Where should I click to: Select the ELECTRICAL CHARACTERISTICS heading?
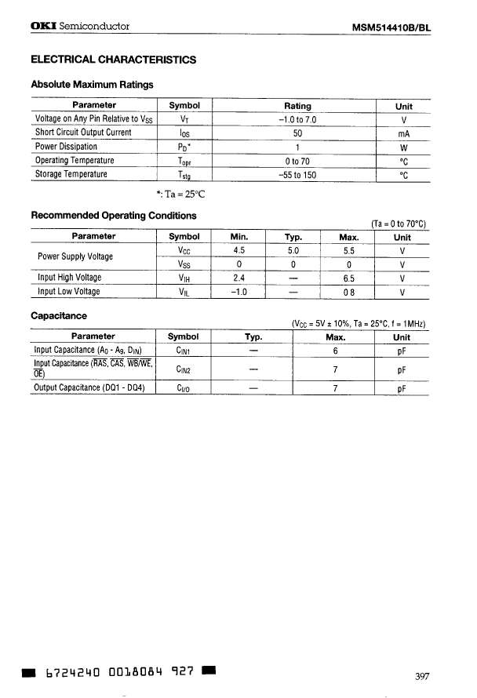tap(113, 60)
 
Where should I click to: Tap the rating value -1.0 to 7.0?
tap(297, 119)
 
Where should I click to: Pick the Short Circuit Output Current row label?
tap(83, 133)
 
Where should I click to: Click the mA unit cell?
tap(403, 133)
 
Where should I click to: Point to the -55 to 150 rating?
tap(297, 174)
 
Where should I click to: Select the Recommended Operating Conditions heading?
tap(113, 216)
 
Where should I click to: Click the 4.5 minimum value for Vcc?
tap(240, 250)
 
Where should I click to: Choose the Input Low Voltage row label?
tap(69, 291)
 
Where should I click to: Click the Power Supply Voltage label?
tap(75, 256)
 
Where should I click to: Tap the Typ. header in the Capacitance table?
tap(253, 336)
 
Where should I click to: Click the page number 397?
tap(421, 677)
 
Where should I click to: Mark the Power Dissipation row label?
tap(67, 147)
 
